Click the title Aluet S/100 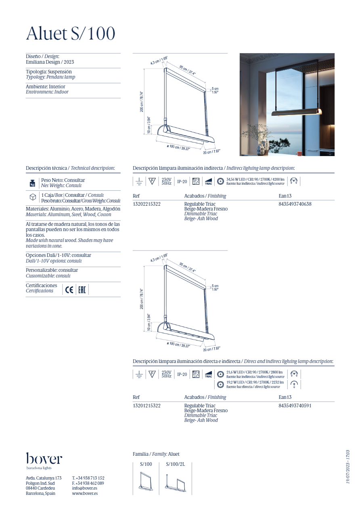71,33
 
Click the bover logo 44,459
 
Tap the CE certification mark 69,290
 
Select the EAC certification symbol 82,290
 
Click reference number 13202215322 147,204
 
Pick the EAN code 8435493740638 295,204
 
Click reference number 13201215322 147,406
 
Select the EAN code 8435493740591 295,406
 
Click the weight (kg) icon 32,183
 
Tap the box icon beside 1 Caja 33,198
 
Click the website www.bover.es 85,493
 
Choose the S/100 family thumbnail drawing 146,482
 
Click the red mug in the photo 299,153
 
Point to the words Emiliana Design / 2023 50,62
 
